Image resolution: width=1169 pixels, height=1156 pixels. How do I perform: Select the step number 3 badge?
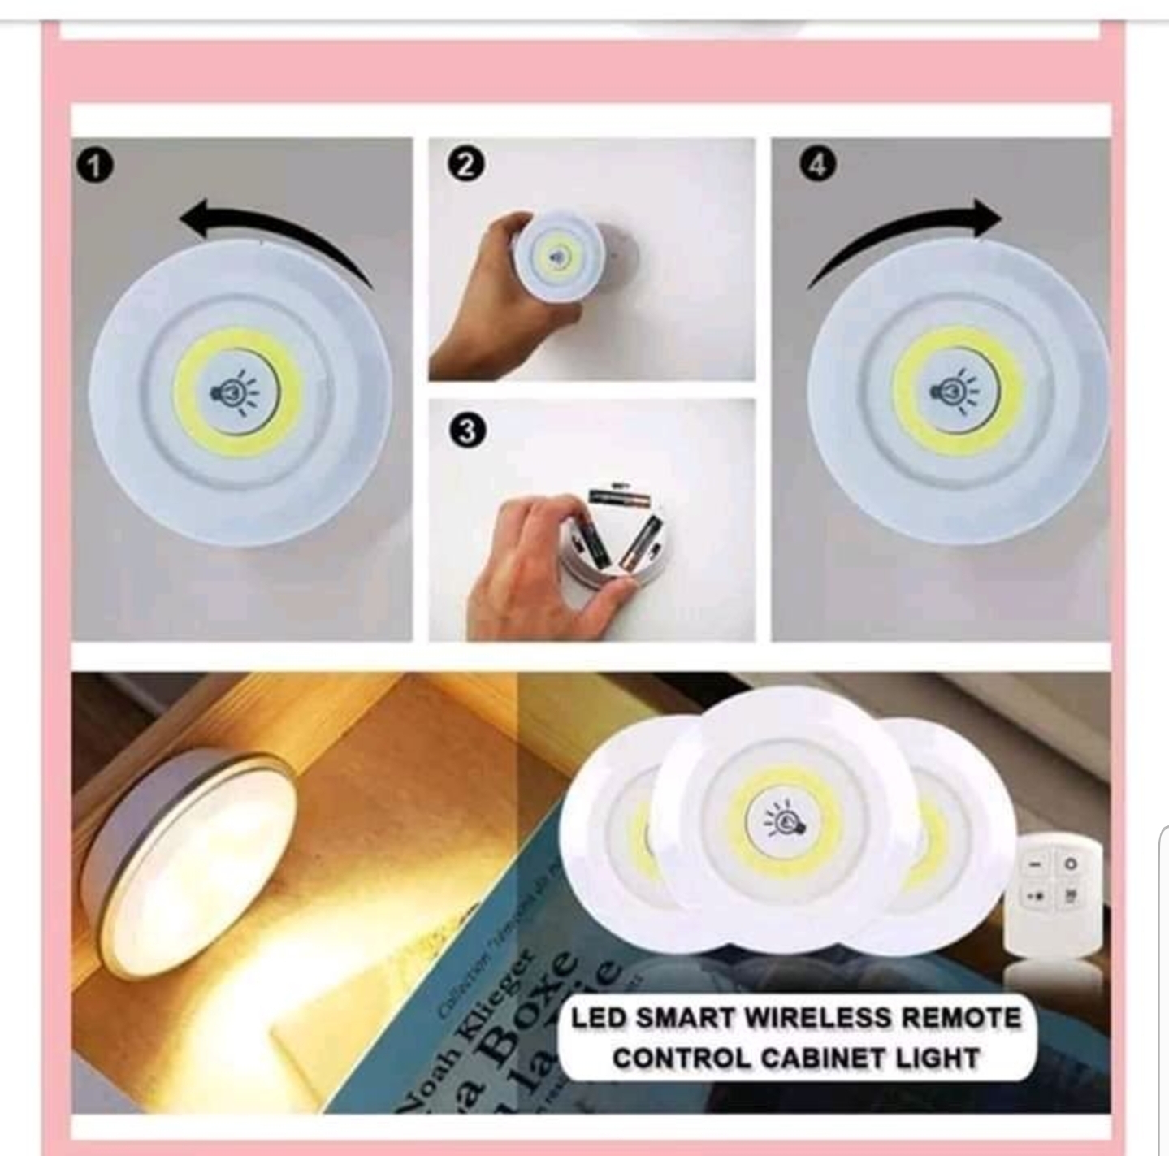[x=466, y=431]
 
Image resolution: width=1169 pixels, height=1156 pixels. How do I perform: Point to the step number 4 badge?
[x=816, y=165]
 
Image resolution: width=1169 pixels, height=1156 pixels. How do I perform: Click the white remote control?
[x=1054, y=894]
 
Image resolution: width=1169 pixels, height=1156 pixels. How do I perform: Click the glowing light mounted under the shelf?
[x=191, y=861]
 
